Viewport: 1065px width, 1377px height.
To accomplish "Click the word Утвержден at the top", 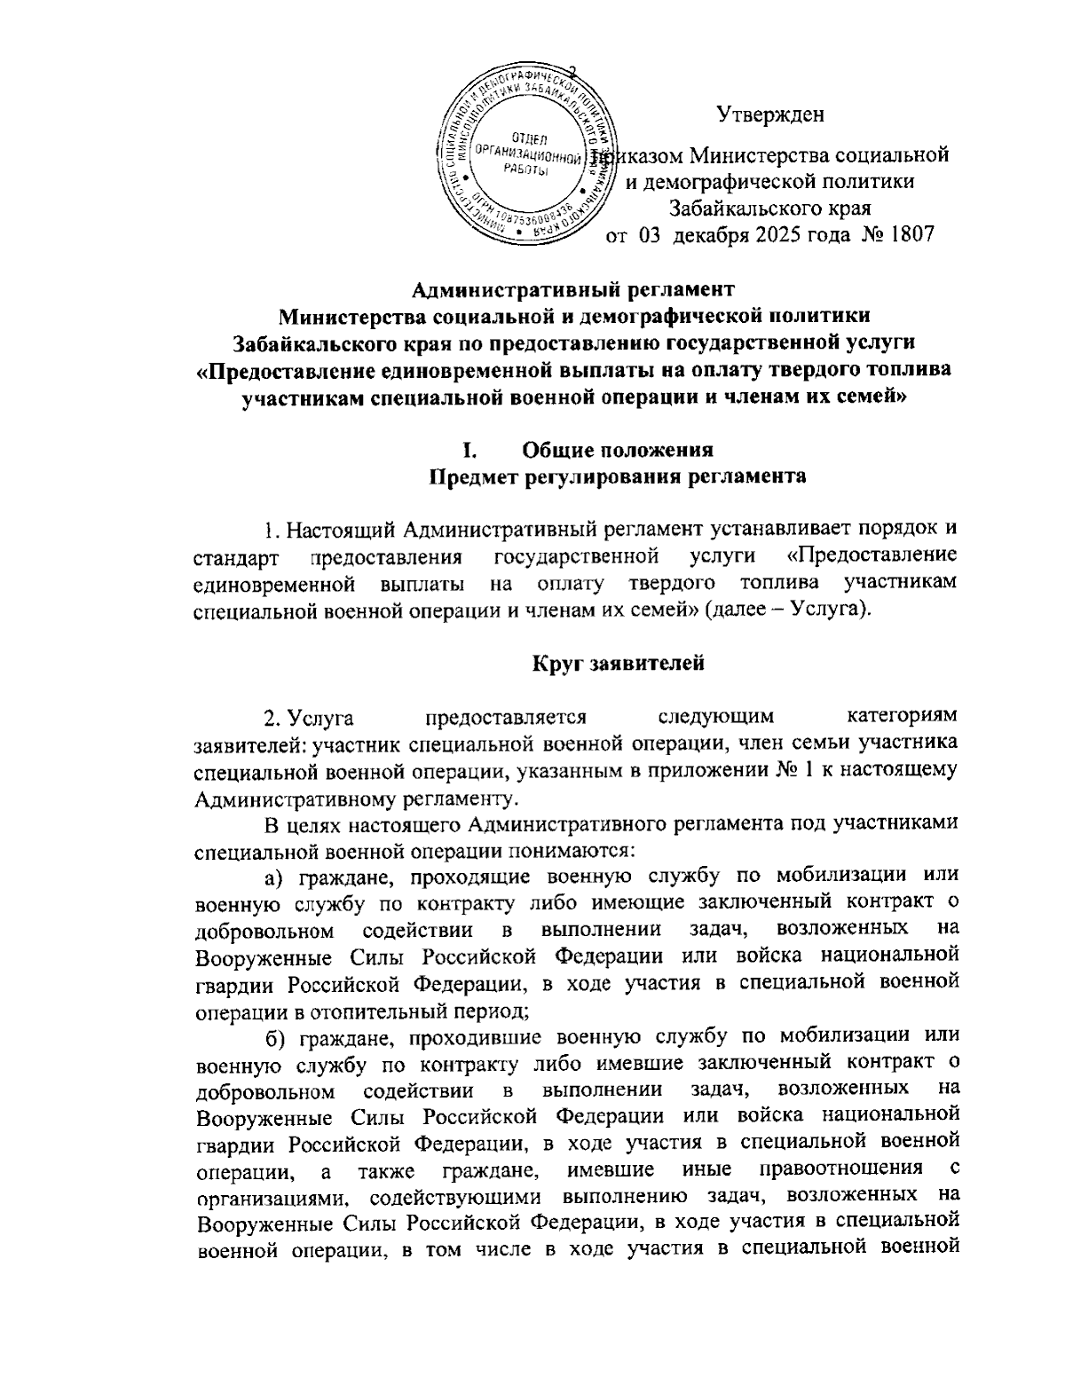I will click(769, 114).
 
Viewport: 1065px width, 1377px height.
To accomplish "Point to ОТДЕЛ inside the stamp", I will click(529, 137).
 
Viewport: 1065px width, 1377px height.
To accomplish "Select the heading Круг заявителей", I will click(618, 663).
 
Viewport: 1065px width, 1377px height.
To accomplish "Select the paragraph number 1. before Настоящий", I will click(272, 531).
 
